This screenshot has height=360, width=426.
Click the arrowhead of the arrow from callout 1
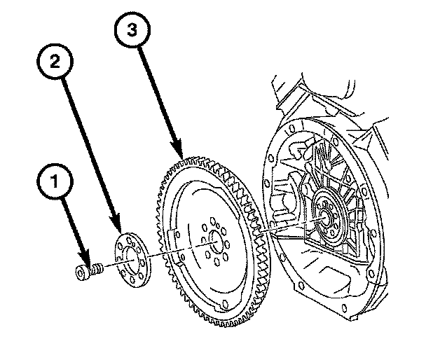click(x=86, y=261)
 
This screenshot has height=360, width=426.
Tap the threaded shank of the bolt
click(x=98, y=268)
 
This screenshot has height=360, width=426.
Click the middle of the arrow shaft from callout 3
click(x=158, y=98)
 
